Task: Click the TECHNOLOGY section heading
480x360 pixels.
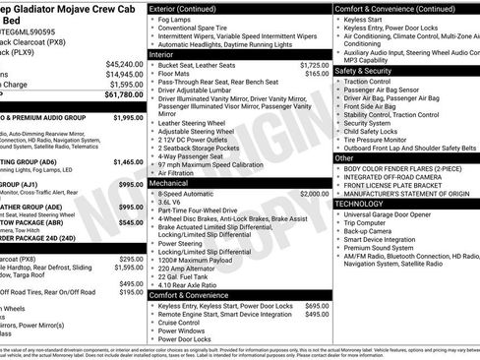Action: pos(365,204)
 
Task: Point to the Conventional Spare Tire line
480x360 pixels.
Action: pos(205,29)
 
